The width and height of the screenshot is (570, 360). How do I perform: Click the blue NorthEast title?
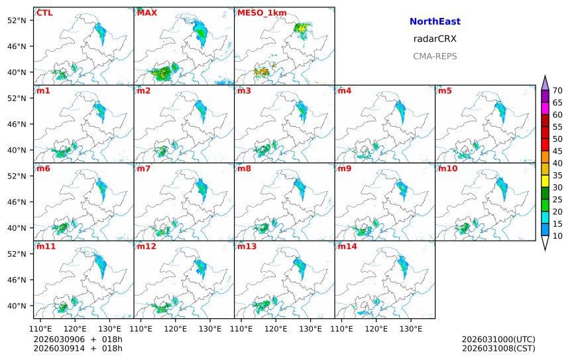(x=435, y=22)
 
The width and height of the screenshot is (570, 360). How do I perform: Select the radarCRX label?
(x=435, y=39)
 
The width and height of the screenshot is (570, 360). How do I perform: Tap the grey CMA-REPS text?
(x=435, y=56)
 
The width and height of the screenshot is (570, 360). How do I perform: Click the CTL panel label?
(x=44, y=13)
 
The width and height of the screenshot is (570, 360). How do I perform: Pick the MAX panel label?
(x=146, y=13)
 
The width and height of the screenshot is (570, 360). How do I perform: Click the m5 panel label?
(x=445, y=91)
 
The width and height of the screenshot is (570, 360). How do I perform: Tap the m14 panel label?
(x=347, y=247)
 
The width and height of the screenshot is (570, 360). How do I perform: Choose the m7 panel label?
(x=143, y=168)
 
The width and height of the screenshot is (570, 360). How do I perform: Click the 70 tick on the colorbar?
(x=557, y=91)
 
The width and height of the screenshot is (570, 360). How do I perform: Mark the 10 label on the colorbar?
(x=557, y=236)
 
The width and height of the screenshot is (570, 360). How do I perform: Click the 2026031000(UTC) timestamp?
(x=498, y=339)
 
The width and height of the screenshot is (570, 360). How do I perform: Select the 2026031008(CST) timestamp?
(x=498, y=348)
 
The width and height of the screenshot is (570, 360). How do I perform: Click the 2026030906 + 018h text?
(x=78, y=339)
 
